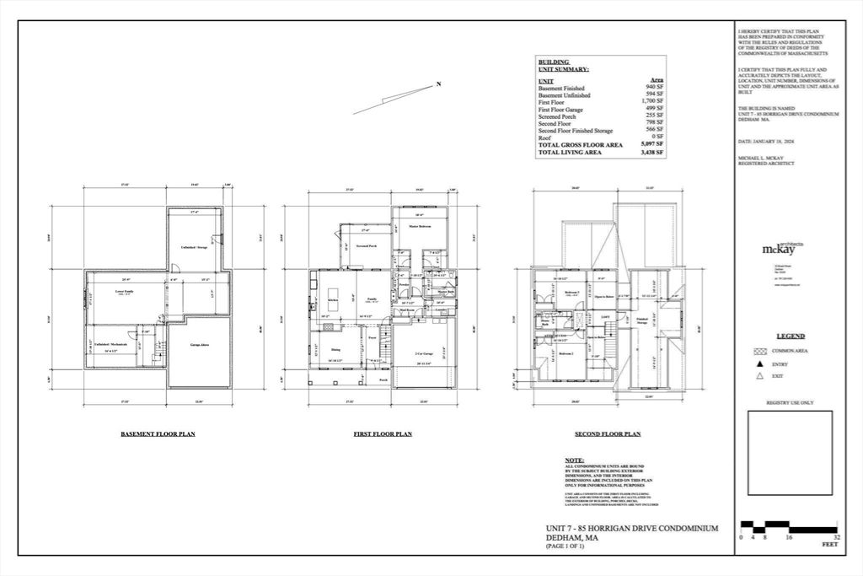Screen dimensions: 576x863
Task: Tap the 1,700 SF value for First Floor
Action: (x=653, y=101)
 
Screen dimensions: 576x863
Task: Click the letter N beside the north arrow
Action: (x=438, y=83)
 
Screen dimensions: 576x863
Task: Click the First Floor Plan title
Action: (x=382, y=434)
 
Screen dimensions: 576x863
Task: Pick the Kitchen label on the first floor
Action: (x=333, y=299)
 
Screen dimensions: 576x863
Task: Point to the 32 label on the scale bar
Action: (x=837, y=536)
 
